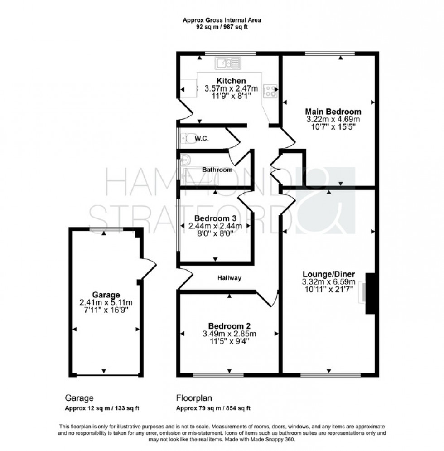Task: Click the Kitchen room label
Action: click(x=231, y=81)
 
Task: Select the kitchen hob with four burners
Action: click(x=270, y=91)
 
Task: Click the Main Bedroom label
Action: click(x=333, y=112)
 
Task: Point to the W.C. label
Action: click(x=201, y=138)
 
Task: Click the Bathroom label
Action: click(x=217, y=170)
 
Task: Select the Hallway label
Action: click(x=229, y=278)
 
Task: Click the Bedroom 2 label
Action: click(x=230, y=326)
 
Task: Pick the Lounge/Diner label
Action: click(x=328, y=274)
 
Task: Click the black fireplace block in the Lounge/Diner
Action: click(x=371, y=293)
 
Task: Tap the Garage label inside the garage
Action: click(x=106, y=294)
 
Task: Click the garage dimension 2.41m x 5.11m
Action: click(x=106, y=302)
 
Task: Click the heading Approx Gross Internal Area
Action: click(x=222, y=20)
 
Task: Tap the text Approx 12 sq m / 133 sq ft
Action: click(x=102, y=408)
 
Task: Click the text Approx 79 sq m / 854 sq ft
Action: click(x=213, y=408)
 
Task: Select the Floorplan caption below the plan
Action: click(x=193, y=398)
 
